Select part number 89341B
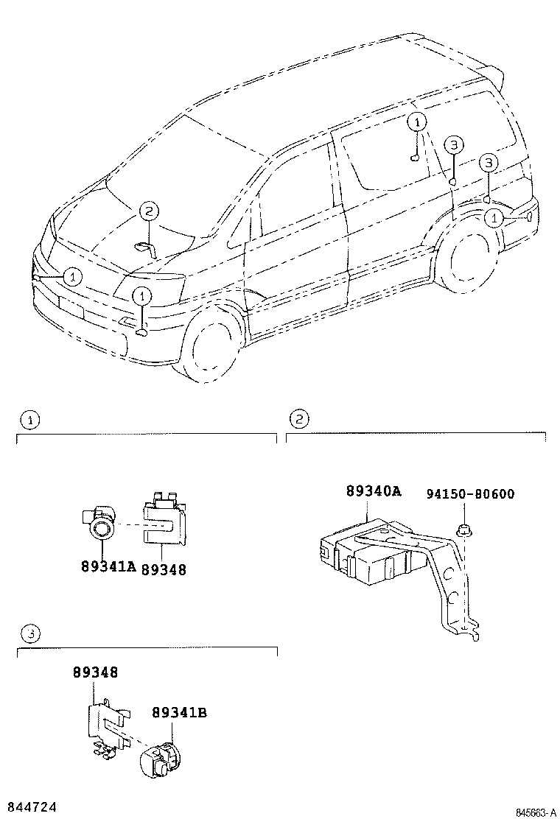(x=179, y=712)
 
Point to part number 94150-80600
(x=470, y=493)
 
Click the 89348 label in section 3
(x=95, y=672)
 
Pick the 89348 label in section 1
(x=164, y=569)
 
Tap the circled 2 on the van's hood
(x=147, y=212)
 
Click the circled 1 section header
(x=29, y=420)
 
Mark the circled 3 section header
(x=29, y=633)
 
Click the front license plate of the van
(x=71, y=307)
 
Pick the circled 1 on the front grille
(x=71, y=276)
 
